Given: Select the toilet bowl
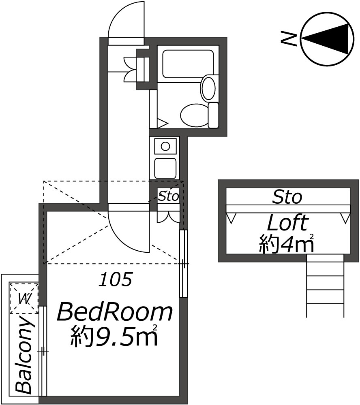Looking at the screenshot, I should (x=194, y=115).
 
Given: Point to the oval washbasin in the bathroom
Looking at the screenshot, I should (x=209, y=87).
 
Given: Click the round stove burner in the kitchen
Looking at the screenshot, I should (x=165, y=146).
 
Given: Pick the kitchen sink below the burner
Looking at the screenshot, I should (x=165, y=167).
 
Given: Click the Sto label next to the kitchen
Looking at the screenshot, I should (x=168, y=197).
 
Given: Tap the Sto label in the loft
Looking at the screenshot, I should (x=287, y=197).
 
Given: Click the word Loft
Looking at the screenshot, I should (x=287, y=223).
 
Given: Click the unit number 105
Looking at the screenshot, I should (x=116, y=279).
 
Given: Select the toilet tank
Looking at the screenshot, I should (x=213, y=115).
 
